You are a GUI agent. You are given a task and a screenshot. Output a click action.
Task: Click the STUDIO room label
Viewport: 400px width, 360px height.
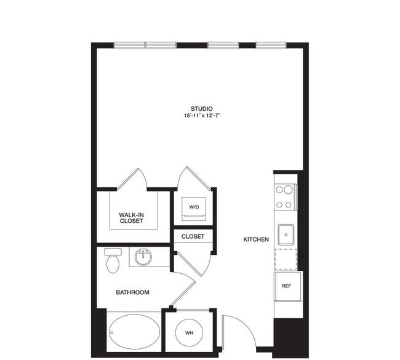tap(201, 109)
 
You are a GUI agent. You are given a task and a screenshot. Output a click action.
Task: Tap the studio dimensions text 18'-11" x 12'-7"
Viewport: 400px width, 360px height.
tap(202, 116)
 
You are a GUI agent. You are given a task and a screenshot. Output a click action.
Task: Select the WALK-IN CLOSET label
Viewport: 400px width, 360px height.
tap(131, 218)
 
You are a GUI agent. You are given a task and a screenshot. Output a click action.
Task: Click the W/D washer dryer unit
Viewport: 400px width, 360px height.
tap(194, 209)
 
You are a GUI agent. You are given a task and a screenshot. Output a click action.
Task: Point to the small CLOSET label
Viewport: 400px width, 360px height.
tap(193, 236)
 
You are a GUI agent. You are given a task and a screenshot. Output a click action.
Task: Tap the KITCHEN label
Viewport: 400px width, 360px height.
tap(256, 239)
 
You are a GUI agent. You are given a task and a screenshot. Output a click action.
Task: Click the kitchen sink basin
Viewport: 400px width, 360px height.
tap(286, 234)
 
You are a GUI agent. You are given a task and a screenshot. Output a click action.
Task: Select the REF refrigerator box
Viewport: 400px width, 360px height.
tap(287, 286)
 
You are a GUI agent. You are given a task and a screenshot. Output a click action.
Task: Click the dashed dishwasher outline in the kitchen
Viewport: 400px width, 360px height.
tap(286, 259)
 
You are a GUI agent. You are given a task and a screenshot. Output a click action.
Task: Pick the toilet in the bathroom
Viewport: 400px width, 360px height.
tap(113, 260)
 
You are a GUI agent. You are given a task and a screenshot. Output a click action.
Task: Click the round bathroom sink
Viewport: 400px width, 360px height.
tap(143, 257)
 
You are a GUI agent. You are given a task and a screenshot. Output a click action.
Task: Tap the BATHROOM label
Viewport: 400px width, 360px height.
tap(133, 292)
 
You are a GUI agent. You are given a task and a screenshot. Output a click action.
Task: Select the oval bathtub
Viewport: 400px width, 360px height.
tap(134, 332)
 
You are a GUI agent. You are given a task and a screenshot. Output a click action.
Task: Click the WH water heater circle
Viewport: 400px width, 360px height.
tap(190, 333)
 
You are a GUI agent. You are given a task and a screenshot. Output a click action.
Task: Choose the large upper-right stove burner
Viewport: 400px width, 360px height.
tap(288, 190)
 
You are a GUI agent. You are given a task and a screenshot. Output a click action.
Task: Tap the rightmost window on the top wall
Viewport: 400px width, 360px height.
tap(271, 46)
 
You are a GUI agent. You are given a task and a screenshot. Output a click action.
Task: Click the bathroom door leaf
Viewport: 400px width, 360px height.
tap(183, 294)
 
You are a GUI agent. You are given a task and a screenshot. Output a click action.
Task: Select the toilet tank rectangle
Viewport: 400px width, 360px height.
tap(113, 252)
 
